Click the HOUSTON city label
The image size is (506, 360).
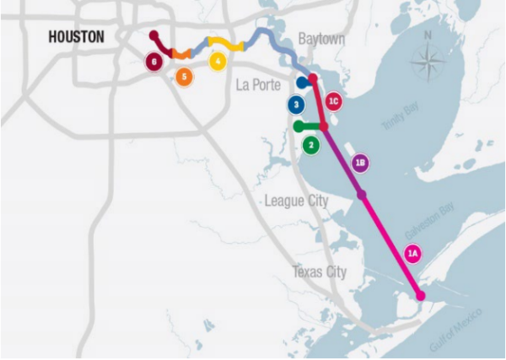76,37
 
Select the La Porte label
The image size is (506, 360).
258,84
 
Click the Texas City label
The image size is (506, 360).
319,272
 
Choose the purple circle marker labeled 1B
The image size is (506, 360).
360,163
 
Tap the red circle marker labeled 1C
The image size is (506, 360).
333,102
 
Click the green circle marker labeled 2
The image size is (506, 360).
312,144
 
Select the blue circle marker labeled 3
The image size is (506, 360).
295,105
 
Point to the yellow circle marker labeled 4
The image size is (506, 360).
218,61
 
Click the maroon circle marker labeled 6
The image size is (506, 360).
153,61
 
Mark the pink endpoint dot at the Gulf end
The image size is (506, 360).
420,294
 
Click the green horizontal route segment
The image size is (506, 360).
310,126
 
